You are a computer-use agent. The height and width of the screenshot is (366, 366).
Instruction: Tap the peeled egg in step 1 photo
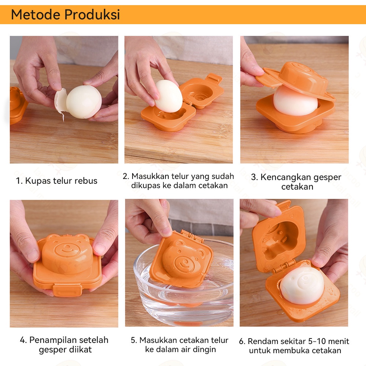(x=84, y=102)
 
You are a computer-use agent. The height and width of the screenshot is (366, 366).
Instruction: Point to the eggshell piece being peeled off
(x=60, y=101)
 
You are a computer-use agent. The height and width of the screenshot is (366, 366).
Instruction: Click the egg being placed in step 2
(x=168, y=96)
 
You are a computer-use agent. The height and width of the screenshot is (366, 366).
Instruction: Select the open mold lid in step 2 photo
(x=202, y=91)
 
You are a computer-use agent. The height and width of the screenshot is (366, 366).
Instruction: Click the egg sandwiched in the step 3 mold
(x=295, y=101)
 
